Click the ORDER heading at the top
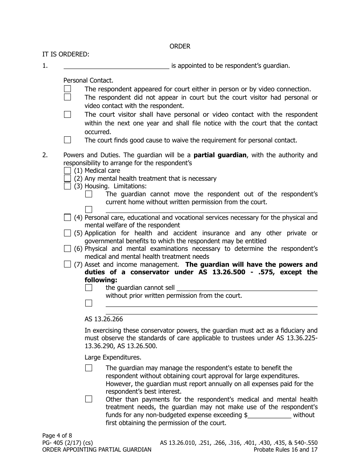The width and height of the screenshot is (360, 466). tap(180, 46)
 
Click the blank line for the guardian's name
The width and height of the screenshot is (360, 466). tap(116, 66)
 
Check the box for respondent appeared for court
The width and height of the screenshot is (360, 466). tap(67, 89)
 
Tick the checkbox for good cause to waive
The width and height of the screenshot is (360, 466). tap(67, 140)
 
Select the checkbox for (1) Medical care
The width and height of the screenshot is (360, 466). tap(67, 170)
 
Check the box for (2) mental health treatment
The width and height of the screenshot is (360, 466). tap(67, 178)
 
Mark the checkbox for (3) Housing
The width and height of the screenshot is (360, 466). tap(67, 186)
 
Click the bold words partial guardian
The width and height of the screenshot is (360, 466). tap(220, 155)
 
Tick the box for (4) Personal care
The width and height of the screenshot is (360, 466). tap(67, 217)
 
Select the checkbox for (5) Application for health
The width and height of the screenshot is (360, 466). tap(67, 233)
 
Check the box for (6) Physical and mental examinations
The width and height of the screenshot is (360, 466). tap(67, 249)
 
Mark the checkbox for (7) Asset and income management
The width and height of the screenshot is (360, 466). tap(67, 264)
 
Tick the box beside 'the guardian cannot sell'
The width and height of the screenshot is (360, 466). tap(89, 288)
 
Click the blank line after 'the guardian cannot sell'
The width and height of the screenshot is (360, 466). tap(247, 288)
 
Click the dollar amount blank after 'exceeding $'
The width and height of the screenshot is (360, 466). tap(269, 415)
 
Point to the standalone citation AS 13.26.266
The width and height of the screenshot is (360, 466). tap(103, 319)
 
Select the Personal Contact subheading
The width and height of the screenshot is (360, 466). tap(88, 80)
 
